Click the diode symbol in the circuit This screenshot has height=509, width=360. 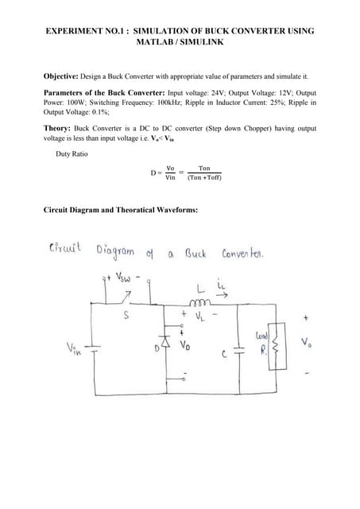point(168,344)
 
